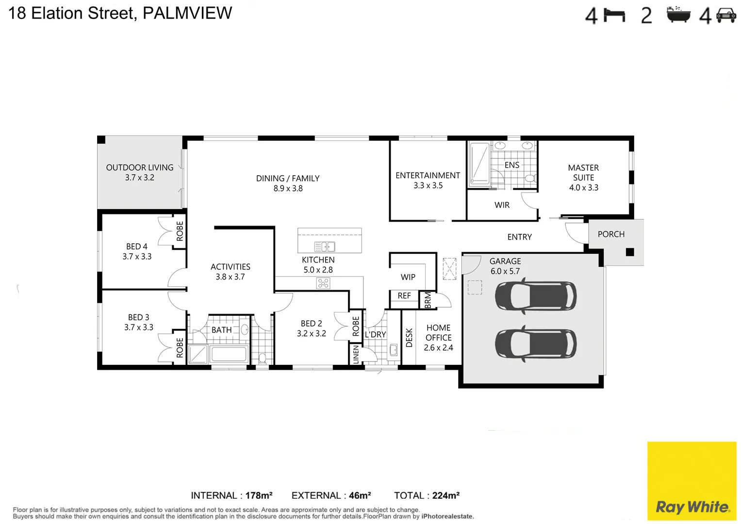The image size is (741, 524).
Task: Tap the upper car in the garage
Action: coord(535,295)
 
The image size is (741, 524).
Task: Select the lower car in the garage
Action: coord(535,343)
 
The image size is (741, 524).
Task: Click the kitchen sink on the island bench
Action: coord(325,246)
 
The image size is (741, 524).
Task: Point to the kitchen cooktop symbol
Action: coord(323,283)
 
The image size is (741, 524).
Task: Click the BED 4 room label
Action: coord(137,246)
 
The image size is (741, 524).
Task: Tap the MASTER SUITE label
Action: coord(583,173)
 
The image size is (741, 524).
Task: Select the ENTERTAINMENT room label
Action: coord(428,175)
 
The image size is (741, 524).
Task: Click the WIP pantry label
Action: coord(408,277)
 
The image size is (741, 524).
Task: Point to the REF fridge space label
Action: coord(404,295)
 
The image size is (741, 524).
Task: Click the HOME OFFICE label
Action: coord(438,333)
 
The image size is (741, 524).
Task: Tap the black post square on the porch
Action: coord(630,252)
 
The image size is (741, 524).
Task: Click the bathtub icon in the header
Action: coord(678,15)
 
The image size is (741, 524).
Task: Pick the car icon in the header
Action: coord(726,15)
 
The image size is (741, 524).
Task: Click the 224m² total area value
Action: coord(445,495)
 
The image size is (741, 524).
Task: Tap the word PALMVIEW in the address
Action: coord(187,13)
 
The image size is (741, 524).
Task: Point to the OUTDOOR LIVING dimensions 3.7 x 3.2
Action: coord(140,178)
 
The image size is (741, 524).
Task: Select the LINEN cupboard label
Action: coord(356,355)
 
